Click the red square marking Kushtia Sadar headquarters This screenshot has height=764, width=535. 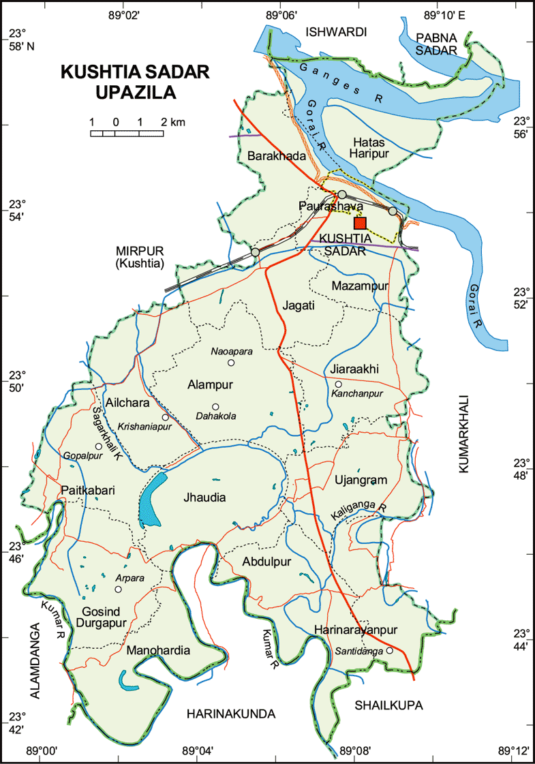click(360, 222)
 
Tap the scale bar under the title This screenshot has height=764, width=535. click(127, 133)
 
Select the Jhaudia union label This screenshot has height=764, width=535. click(204, 498)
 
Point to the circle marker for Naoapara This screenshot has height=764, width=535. click(231, 363)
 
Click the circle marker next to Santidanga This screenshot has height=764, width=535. click(389, 651)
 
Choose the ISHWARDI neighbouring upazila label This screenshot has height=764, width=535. click(337, 32)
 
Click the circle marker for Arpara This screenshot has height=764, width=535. click(118, 589)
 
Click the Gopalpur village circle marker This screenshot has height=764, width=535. click(99, 446)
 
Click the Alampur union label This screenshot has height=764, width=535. click(210, 385)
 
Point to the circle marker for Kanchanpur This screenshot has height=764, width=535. click(338, 384)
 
